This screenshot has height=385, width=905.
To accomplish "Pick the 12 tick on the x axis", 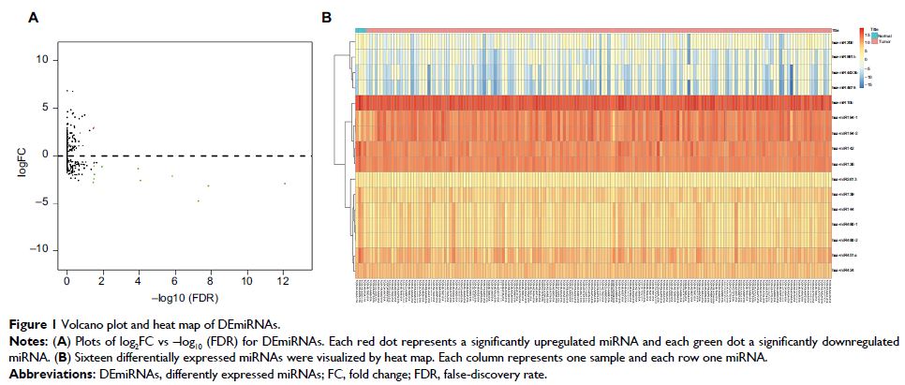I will pyautogui.click(x=282, y=281).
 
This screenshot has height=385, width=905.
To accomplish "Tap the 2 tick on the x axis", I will pyautogui.click(x=103, y=281).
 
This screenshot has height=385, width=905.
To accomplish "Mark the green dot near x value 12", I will pyautogui.click(x=285, y=184).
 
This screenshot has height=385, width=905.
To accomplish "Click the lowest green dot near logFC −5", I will pyautogui.click(x=198, y=200).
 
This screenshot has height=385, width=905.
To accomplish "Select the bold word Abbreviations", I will pyautogui.click(x=37, y=373).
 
